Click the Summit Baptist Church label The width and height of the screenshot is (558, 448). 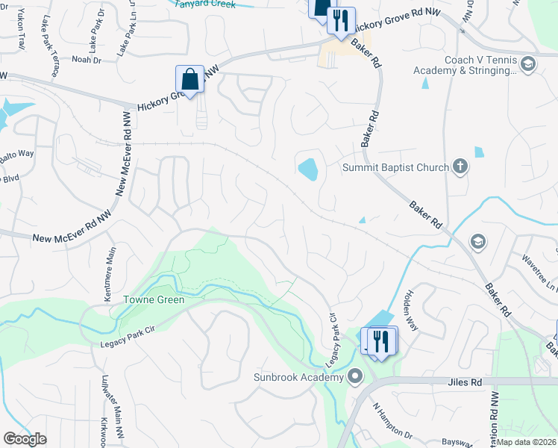[x=395, y=167]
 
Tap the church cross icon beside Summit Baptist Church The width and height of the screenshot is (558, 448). [x=460, y=167]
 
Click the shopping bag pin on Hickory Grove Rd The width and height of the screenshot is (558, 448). [x=190, y=79]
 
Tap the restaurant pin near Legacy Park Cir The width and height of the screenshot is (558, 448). [x=381, y=341]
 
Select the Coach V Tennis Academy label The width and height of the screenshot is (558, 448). [x=466, y=65]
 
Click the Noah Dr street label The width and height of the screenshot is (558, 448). [x=85, y=59]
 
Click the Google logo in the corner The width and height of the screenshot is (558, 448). [x=25, y=439]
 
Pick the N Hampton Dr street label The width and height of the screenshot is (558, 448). [x=393, y=423]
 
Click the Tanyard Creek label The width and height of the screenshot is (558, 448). [x=204, y=4]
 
